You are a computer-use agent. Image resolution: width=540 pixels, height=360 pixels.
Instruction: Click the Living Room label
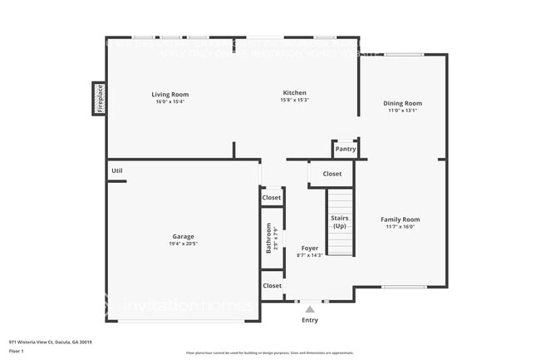(169, 93)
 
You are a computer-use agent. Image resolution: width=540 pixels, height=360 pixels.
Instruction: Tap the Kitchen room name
(294, 92)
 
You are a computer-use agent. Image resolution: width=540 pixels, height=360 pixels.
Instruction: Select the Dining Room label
(402, 103)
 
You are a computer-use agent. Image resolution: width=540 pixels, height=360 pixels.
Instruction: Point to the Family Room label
(400, 219)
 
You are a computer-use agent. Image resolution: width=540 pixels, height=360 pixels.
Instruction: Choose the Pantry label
(346, 150)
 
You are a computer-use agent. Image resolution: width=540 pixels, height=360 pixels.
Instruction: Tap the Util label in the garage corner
(117, 171)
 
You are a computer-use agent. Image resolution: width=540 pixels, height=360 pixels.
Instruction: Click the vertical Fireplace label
(99, 98)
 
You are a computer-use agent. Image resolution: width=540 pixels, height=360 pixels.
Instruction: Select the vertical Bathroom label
(268, 238)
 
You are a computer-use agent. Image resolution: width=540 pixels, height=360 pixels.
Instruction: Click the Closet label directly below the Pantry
(331, 174)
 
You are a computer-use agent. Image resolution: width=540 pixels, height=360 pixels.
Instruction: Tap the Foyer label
(309, 248)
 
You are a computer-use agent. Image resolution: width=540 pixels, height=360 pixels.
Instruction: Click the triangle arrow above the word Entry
(310, 308)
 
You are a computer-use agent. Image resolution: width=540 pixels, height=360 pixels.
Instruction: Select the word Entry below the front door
(310, 319)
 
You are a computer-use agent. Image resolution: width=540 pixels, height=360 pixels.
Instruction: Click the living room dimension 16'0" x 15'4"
(169, 101)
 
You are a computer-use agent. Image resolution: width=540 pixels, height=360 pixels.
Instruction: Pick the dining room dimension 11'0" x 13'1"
(402, 111)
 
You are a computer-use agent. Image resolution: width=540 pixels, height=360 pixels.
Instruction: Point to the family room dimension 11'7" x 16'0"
(400, 227)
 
